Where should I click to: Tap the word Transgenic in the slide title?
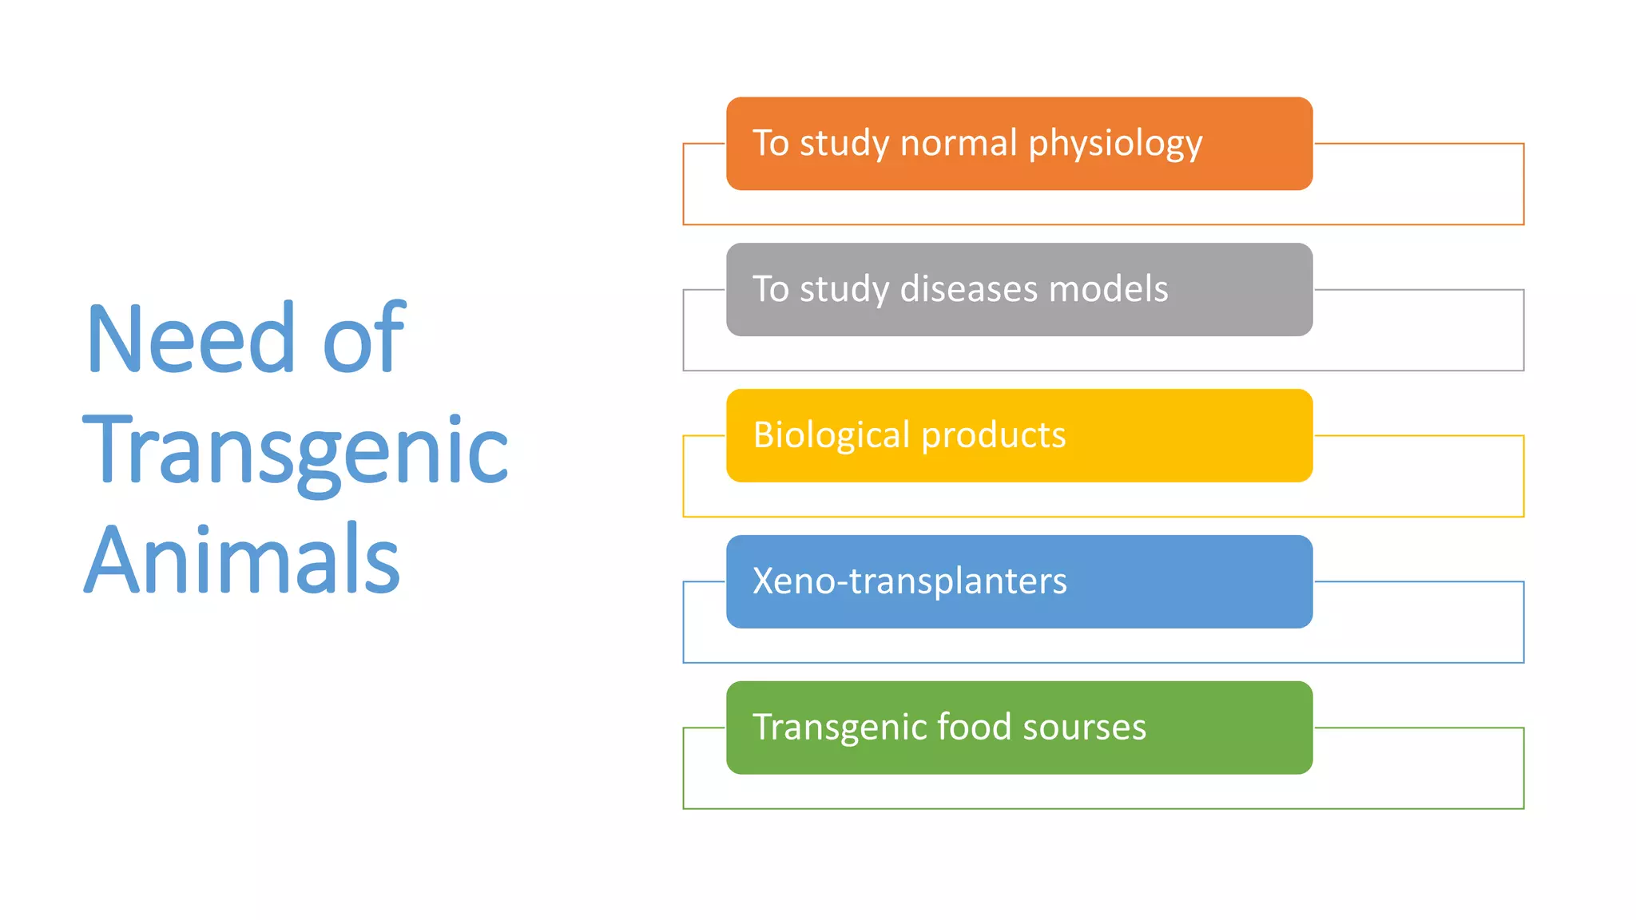click(295, 451)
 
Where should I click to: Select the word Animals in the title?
click(242, 561)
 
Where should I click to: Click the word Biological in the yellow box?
click(831, 436)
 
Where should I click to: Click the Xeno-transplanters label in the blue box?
click(909, 581)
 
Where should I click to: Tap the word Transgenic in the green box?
click(838, 728)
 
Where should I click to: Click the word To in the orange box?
click(770, 143)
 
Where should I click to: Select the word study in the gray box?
click(844, 290)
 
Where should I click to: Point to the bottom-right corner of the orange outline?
click(1523, 224)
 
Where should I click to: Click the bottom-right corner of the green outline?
click(1523, 808)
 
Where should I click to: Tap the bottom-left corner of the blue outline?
click(684, 662)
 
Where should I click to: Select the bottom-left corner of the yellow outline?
click(684, 516)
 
